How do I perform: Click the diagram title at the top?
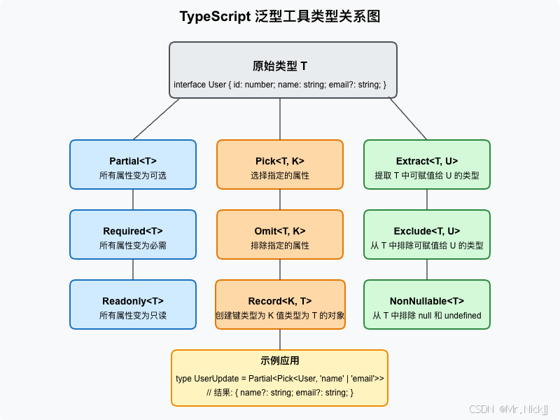[280, 16]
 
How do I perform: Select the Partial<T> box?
[133, 164]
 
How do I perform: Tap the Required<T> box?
[133, 234]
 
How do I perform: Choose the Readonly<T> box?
[133, 304]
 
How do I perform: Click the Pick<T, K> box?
[280, 164]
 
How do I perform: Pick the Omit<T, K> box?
[280, 234]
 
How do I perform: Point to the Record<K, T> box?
[280, 304]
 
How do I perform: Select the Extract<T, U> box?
[427, 164]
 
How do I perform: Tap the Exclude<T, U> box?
[427, 234]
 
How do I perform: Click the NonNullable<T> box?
[427, 304]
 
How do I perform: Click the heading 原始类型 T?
[280, 66]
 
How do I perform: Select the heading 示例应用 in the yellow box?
[280, 361]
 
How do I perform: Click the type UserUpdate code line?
[280, 379]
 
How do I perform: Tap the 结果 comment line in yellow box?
[280, 393]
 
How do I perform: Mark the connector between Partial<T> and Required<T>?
[133, 199]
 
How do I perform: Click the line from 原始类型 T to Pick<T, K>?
[280, 119]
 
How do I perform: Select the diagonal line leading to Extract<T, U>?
[407, 118]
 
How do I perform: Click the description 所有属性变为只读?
[133, 316]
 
